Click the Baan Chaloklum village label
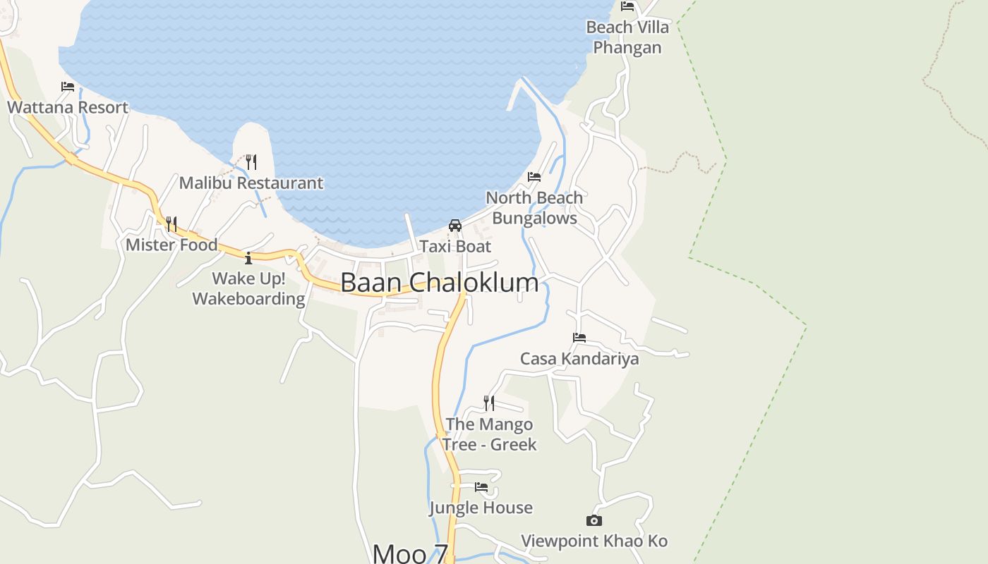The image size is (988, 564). [x=439, y=283]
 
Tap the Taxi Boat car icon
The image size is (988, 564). [x=455, y=226]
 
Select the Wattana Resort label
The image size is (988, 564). [x=68, y=107]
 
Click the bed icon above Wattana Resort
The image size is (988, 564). [x=68, y=87]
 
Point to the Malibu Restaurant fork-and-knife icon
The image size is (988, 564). [x=251, y=162]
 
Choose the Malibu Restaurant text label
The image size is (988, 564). [x=251, y=183]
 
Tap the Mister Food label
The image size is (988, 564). [x=171, y=245]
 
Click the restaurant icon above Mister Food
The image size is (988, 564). [x=171, y=224]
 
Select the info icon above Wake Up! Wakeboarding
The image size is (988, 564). [x=248, y=258]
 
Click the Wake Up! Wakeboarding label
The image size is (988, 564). [x=248, y=288]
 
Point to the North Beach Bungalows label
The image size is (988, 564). [x=534, y=208]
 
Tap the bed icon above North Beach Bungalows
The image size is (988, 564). [x=534, y=176]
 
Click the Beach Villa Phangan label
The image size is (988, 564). [x=627, y=37]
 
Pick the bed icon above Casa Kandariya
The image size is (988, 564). [x=579, y=338]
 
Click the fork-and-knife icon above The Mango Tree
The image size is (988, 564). [x=488, y=403]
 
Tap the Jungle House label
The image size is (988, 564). [x=481, y=508]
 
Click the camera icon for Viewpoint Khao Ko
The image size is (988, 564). [x=594, y=521]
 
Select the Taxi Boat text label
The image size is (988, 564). [x=455, y=247]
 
